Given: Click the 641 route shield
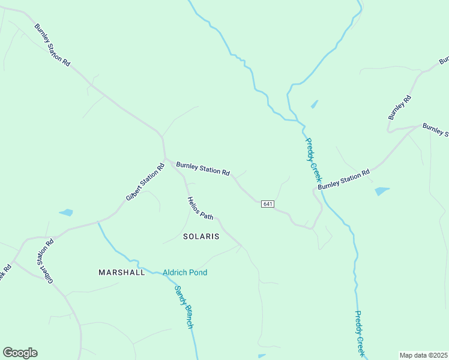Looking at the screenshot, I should point(268,204).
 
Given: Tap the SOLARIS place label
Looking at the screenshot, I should point(201,236).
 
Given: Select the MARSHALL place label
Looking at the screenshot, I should point(122,272).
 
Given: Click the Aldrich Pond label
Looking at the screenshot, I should point(185,272).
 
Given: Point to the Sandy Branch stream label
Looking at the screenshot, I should point(184,307).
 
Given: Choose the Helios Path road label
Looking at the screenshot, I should point(200,208).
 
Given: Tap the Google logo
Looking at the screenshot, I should point(20,353).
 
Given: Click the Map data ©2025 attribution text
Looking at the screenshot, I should point(423,355).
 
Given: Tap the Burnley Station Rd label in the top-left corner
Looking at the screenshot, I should point(52,45).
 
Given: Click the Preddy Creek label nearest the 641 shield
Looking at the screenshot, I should point(314,160).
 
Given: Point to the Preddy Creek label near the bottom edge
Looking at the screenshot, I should point(360,333).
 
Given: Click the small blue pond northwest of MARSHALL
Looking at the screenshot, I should point(66,212).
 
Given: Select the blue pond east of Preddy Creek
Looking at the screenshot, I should point(382,191).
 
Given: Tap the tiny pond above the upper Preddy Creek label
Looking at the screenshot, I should point(314,104).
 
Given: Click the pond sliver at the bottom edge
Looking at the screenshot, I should point(262,356).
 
